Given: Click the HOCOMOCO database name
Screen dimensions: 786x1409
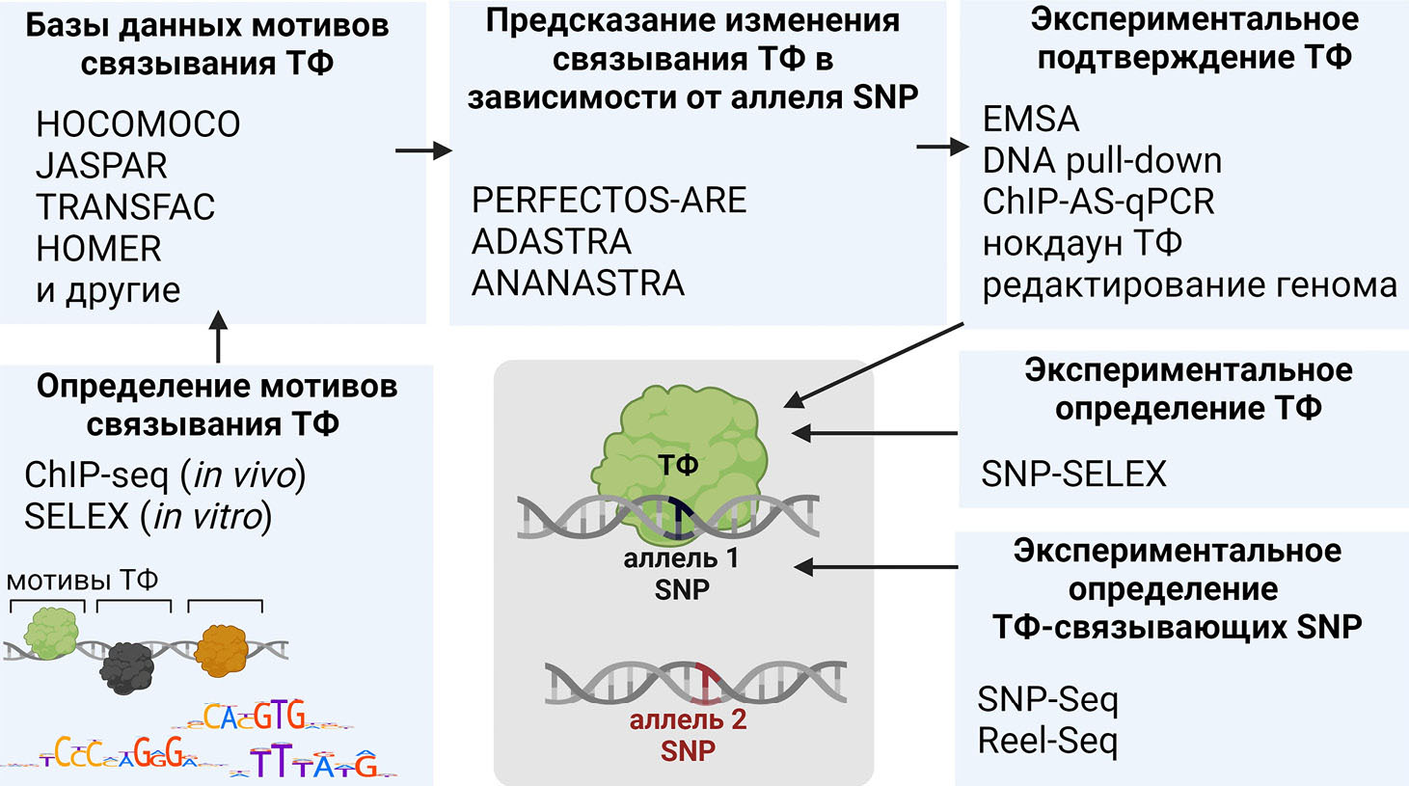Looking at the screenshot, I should (138, 124).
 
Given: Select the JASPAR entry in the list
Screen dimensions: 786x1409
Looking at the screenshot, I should (101, 166).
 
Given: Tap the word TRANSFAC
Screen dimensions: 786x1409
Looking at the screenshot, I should (125, 207).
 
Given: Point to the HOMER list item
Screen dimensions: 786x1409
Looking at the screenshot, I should (98, 249).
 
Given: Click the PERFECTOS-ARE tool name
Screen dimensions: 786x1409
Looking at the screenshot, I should (609, 201).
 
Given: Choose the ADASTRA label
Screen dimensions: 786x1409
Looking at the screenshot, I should (551, 241).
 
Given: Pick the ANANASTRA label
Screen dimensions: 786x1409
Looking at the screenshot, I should (578, 284).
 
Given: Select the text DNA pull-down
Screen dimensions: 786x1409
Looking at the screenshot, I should (1101, 160).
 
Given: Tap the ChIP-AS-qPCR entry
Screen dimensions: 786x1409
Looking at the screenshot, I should (1097, 202).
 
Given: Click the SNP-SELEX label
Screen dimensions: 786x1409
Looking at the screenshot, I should (1073, 474).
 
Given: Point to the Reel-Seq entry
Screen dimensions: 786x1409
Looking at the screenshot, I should (1047, 741).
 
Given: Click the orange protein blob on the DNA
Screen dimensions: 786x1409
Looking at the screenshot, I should (221, 650).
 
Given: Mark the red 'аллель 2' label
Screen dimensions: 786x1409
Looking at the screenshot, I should (688, 720).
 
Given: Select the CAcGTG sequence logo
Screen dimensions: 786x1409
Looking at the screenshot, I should (256, 717).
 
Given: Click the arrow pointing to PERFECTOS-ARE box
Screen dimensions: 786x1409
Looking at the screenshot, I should (423, 149).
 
